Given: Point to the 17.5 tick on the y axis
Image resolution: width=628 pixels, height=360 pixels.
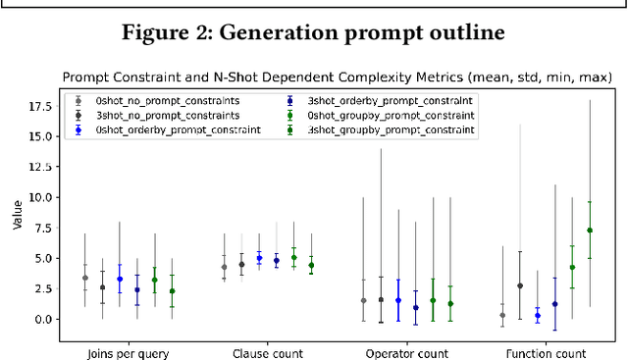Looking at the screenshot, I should click(42, 105).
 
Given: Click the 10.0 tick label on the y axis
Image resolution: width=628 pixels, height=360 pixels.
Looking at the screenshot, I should click(42, 196).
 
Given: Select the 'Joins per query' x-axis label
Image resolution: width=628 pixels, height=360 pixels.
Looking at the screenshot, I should click(127, 352).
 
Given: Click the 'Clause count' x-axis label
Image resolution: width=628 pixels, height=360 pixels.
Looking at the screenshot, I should click(267, 352).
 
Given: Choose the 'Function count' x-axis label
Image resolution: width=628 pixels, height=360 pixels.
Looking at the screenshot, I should click(546, 352).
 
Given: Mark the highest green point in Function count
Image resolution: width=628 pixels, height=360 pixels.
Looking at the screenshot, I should click(590, 231).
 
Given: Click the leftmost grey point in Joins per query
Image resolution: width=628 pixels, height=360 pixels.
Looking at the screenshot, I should click(84, 278).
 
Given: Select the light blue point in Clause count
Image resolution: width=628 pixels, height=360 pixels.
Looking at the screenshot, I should click(259, 258).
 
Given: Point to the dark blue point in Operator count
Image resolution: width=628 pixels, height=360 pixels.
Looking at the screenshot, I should click(416, 307).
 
